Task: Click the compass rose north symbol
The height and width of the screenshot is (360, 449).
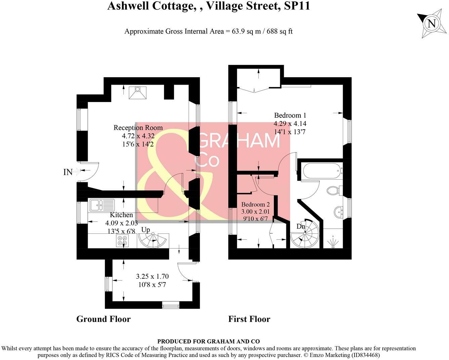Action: click(432, 24)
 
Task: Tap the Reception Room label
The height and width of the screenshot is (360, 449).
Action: click(138, 128)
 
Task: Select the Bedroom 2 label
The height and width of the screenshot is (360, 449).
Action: click(255, 205)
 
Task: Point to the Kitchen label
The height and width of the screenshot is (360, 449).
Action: click(121, 215)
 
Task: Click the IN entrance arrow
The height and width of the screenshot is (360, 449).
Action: click(76, 172)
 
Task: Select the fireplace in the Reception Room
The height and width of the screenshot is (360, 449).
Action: click(138, 93)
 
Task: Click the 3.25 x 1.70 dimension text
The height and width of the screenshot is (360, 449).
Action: click(152, 276)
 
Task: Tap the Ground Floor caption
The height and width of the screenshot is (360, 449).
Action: click(103, 319)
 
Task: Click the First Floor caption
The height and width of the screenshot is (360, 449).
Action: click(249, 319)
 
